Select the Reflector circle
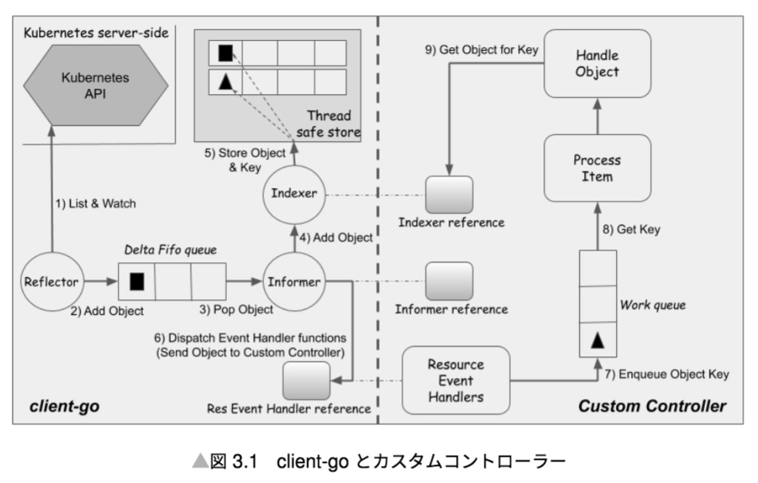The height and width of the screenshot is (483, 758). (51, 281)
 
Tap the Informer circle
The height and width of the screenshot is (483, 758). (295, 281)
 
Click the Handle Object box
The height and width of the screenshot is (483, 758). (597, 62)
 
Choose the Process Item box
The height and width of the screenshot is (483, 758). (597, 168)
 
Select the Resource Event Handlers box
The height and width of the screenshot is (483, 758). (456, 380)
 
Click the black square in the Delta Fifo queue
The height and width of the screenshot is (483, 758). (137, 282)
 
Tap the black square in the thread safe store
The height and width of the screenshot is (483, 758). (225, 53)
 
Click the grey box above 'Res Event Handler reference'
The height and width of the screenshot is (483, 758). (306, 380)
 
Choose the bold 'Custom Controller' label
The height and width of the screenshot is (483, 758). (652, 406)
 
